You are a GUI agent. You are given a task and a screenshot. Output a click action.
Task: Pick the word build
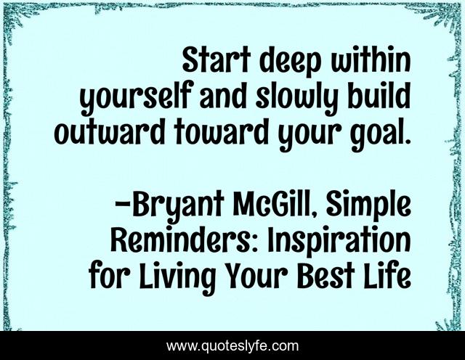click(x=376, y=97)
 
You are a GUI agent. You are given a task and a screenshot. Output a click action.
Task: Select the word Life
click(x=388, y=274)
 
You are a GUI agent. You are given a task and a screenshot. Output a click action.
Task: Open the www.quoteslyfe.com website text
click(x=232, y=346)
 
